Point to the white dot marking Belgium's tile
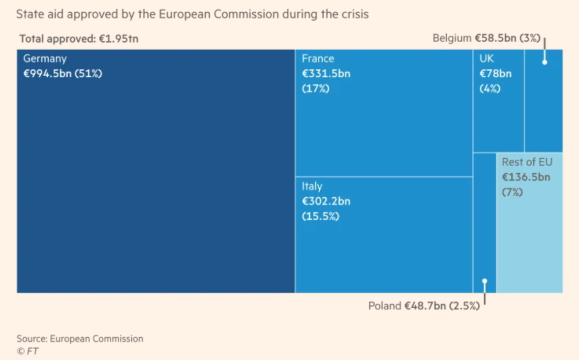[x=545, y=62]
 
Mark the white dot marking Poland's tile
[x=485, y=281]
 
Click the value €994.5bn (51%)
[x=62, y=74]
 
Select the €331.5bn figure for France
[x=326, y=74]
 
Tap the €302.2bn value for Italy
[x=326, y=202]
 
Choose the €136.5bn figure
[x=526, y=177]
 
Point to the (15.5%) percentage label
[x=320, y=216]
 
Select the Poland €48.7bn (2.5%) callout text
[x=424, y=306]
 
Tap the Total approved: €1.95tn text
[x=79, y=38]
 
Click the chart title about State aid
[x=192, y=14]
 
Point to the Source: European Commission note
[x=80, y=338]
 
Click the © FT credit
[x=28, y=351]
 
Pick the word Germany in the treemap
[x=45, y=59]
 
